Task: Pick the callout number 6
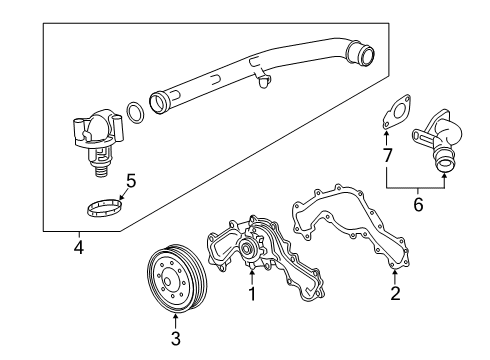point(418,204)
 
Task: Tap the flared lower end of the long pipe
point(159,101)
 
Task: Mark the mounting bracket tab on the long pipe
point(262,75)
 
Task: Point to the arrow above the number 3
point(176,321)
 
